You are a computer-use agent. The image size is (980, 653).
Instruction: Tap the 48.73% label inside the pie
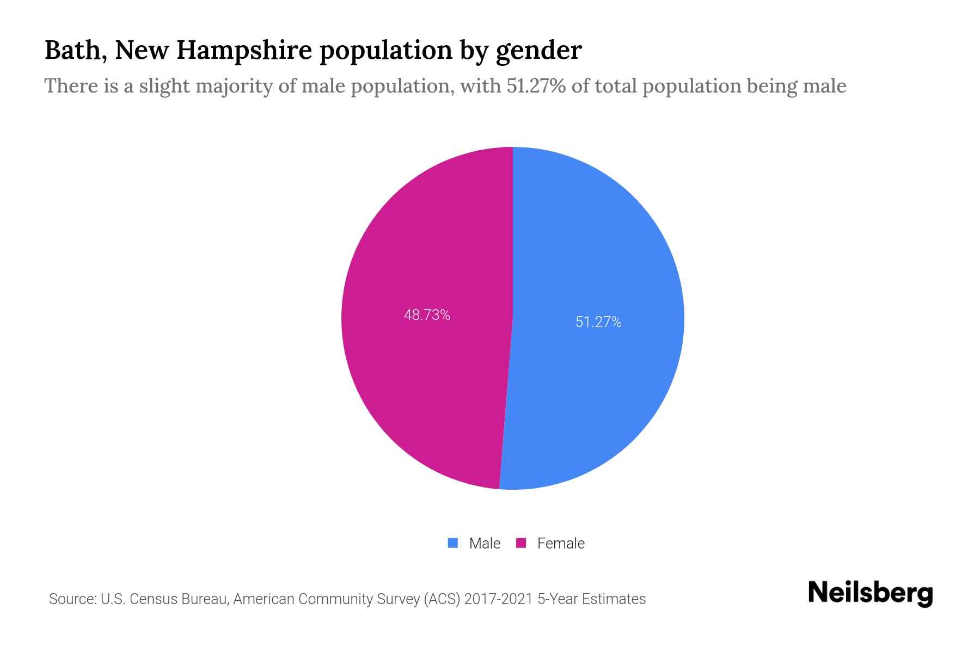tap(427, 315)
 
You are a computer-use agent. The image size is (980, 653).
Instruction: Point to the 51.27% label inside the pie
tap(598, 322)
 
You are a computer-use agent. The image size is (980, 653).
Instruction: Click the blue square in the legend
tap(452, 543)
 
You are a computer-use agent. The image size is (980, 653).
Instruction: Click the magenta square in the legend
tap(521, 543)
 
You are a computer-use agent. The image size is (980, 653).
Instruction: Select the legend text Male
tap(485, 544)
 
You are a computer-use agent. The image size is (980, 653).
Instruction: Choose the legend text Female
tap(561, 544)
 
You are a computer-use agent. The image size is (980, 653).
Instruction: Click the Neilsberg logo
tap(870, 593)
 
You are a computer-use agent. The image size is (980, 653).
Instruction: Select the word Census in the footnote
tap(154, 599)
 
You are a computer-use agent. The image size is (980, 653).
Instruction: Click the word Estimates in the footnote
tap(614, 599)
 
